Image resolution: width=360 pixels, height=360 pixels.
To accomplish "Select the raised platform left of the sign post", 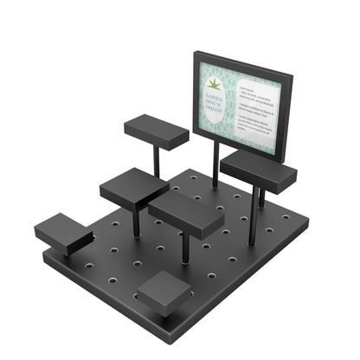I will coord(156,131).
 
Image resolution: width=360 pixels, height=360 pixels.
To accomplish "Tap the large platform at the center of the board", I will coord(185,213).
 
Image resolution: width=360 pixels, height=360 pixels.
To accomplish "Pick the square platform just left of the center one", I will coord(134,187).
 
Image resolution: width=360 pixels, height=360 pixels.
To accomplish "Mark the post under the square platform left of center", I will coord(136,221).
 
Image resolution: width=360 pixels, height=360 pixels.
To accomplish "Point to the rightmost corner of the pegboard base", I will coord(307,227).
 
